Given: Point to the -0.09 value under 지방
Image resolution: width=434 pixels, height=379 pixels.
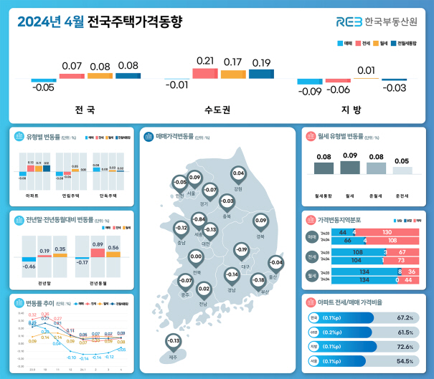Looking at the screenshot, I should click(310, 91).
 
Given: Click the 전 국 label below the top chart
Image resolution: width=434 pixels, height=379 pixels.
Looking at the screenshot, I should click(85, 110).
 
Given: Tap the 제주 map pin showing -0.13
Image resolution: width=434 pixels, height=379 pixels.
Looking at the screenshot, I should click(173, 341).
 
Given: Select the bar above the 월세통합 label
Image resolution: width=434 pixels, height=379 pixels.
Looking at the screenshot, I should click(324, 167).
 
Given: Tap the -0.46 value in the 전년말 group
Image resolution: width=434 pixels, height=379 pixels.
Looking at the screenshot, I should click(29, 267).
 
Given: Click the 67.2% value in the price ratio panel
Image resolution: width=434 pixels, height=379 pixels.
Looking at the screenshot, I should click(407, 317).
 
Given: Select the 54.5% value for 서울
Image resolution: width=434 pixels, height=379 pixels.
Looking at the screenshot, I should click(407, 361).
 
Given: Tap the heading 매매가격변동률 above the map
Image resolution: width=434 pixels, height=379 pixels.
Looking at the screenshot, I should click(179, 134).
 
